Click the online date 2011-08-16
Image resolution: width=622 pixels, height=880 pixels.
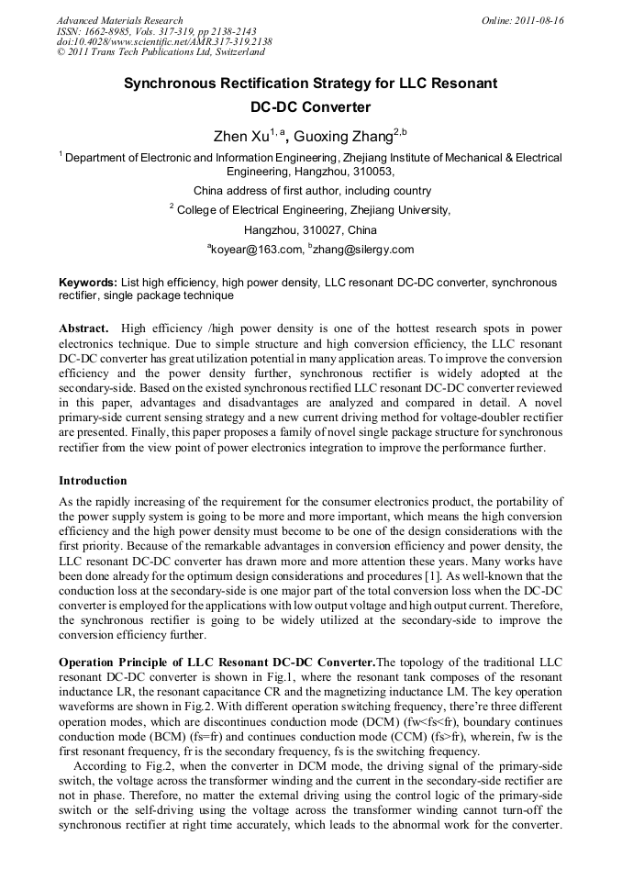[538, 20]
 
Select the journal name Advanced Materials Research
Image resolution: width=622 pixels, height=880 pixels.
[119, 20]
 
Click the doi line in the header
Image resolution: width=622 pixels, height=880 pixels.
[163, 42]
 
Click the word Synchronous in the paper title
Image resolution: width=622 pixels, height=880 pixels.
[174, 84]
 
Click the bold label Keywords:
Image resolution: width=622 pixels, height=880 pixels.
[88, 283]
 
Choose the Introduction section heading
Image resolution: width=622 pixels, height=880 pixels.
[93, 481]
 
